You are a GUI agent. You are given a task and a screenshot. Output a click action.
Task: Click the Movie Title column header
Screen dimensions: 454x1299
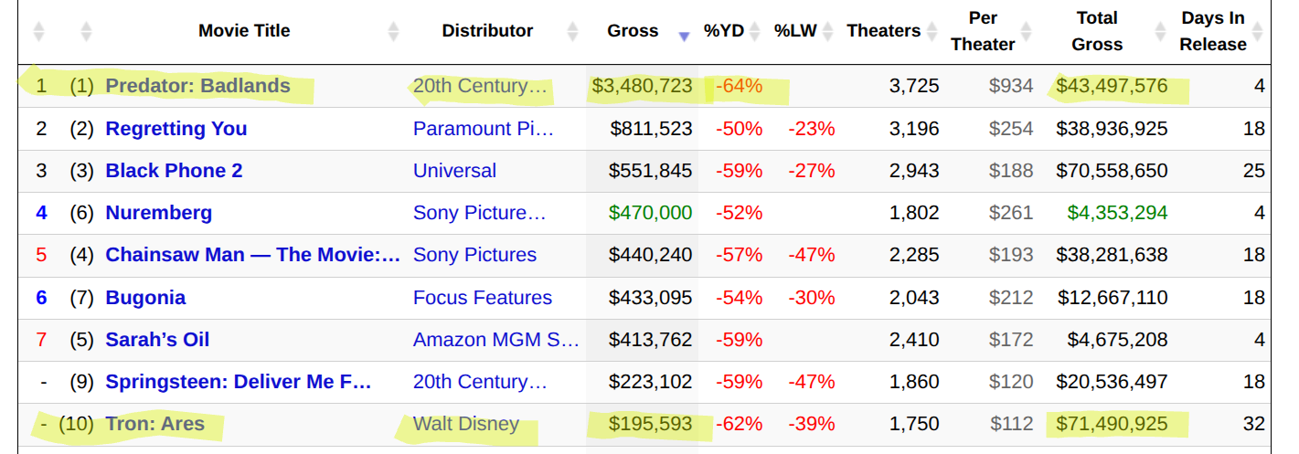click(244, 31)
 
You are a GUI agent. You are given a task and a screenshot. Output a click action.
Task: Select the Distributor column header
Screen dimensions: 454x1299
click(487, 31)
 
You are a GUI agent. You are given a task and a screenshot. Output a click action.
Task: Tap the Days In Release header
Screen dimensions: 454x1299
click(1212, 31)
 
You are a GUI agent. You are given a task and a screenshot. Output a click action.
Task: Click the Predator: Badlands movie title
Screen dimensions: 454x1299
click(197, 87)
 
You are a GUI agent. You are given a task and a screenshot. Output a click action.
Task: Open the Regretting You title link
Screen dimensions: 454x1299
click(176, 129)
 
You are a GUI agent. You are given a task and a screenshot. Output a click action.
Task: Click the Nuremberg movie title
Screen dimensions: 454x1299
click(159, 213)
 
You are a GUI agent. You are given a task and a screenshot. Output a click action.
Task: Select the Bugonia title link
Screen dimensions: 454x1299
click(145, 298)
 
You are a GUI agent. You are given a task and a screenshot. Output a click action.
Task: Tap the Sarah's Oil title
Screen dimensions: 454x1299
click(157, 340)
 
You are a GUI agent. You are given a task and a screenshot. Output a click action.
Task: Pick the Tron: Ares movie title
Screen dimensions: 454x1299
click(154, 424)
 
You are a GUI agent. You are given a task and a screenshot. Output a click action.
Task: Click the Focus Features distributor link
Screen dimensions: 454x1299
click(482, 298)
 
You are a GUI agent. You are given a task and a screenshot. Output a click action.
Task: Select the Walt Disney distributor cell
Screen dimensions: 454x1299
click(465, 424)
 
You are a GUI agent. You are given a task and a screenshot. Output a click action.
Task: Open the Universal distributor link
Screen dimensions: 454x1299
click(454, 171)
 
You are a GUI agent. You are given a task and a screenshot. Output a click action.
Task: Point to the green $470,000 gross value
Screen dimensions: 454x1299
click(650, 213)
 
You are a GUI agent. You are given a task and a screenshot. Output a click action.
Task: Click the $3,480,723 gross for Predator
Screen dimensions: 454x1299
click(642, 87)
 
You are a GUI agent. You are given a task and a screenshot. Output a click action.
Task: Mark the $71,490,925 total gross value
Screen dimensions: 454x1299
click(1112, 424)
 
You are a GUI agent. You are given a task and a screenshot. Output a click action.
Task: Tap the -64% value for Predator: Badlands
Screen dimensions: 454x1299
click(739, 87)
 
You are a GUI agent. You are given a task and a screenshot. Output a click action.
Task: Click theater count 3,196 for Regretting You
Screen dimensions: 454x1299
click(914, 129)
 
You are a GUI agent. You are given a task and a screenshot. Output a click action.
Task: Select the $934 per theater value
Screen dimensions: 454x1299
click(1011, 87)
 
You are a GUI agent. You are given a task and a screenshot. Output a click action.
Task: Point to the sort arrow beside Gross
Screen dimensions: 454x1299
click(683, 37)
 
